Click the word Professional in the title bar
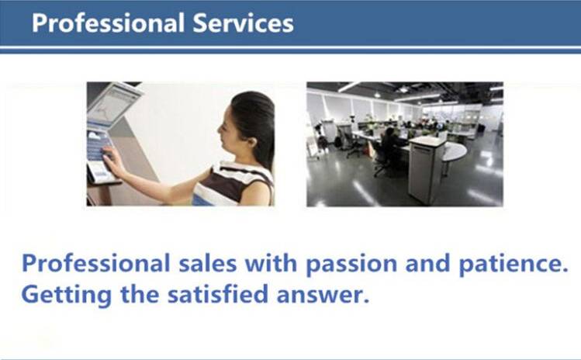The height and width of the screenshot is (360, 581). (108, 23)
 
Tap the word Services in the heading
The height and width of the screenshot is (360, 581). (243, 23)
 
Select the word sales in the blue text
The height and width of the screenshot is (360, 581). (208, 263)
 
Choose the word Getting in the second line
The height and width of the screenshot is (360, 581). (67, 296)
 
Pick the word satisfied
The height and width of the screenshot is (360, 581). (217, 294)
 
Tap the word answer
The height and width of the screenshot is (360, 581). (323, 296)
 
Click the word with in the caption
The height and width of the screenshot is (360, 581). (271, 263)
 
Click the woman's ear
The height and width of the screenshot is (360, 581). (253, 141)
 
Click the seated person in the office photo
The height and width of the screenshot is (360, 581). (389, 147)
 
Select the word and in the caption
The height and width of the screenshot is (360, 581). (427, 263)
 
